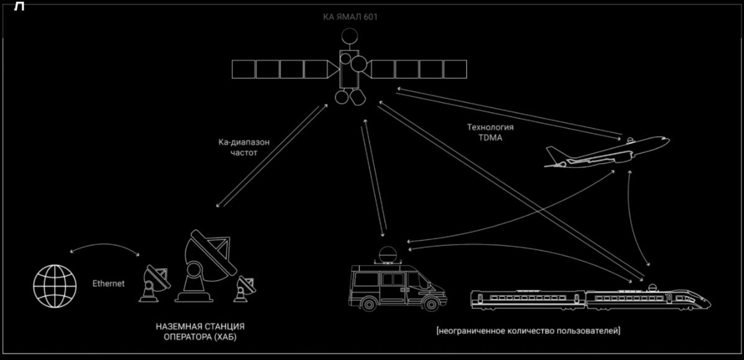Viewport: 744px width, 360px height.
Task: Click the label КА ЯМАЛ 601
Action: tap(350, 17)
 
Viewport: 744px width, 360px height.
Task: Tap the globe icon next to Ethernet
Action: tap(55, 286)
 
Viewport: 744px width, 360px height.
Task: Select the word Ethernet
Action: tap(108, 284)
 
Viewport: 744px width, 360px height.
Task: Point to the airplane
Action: tap(607, 152)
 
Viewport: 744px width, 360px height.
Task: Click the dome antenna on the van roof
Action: tap(388, 255)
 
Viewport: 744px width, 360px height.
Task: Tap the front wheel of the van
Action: tap(431, 304)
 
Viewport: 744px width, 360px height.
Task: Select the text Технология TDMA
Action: tap(490, 132)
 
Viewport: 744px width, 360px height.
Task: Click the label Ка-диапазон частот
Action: tap(244, 147)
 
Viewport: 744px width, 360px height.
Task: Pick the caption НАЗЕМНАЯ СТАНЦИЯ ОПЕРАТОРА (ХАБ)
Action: tap(200, 331)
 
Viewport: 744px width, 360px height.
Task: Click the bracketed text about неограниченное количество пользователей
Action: tap(528, 331)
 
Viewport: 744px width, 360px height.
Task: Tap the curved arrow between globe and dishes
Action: tap(105, 246)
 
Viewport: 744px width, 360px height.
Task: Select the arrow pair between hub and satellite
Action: tap(272, 156)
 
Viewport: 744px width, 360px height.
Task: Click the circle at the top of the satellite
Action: tap(350, 35)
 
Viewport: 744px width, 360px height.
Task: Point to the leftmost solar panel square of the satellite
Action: tap(244, 69)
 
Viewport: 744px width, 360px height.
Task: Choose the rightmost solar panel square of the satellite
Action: tap(455, 69)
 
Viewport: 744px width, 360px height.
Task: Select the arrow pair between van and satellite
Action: tap(374, 177)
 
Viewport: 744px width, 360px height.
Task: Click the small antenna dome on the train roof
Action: tap(653, 288)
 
